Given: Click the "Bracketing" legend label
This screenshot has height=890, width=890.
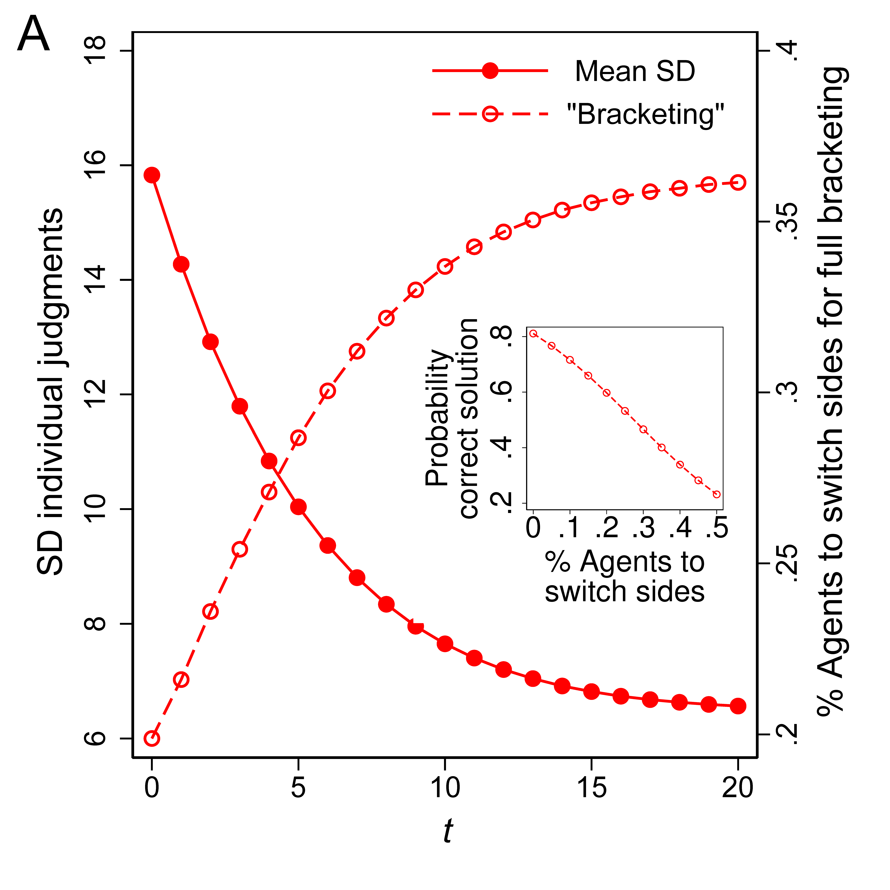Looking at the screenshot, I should tap(645, 114).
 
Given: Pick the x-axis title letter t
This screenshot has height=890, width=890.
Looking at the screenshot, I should tap(447, 832).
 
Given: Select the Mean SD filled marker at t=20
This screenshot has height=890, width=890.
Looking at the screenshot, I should tap(738, 706).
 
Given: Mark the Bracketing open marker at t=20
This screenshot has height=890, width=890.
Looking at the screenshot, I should tap(738, 182).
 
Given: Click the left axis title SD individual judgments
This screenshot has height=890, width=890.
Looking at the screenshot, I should tap(51, 392).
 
